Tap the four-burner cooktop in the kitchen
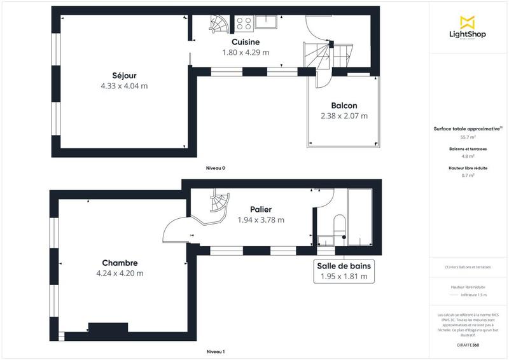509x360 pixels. (244, 24)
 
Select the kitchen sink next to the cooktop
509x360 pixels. (266, 24)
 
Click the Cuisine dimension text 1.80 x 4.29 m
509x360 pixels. (246, 53)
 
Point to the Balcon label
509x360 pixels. (344, 106)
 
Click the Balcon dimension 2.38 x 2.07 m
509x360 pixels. (344, 116)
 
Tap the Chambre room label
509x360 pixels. (120, 263)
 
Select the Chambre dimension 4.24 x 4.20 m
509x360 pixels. (120, 273)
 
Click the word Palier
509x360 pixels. (260, 209)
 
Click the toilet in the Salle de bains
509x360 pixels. (338, 224)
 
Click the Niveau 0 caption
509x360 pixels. (215, 169)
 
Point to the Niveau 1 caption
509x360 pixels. (215, 352)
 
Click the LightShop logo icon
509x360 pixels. (468, 21)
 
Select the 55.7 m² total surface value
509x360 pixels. (468, 137)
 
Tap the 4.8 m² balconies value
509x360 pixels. (468, 156)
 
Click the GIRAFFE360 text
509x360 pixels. (468, 344)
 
